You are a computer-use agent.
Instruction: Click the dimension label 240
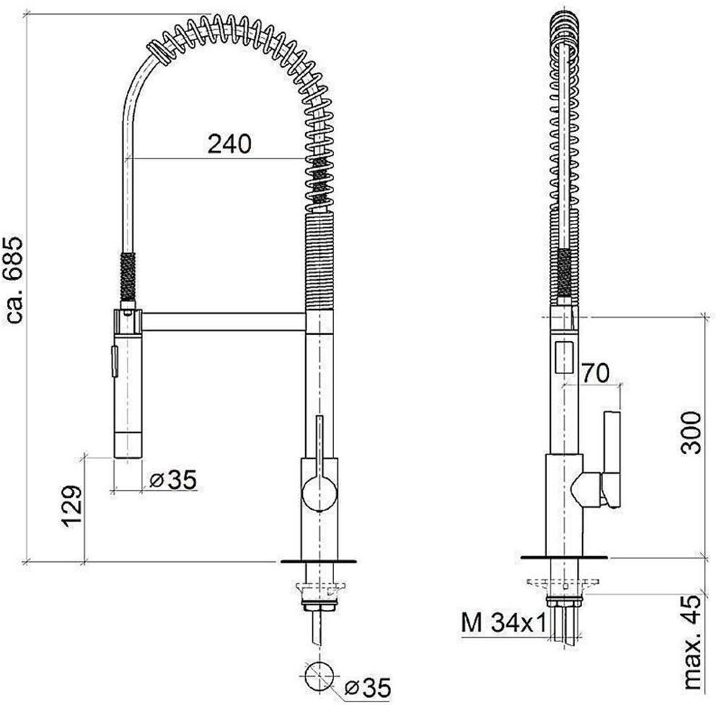tap(229, 144)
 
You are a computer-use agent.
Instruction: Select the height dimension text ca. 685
tap(13, 281)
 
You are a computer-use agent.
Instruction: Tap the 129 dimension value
tap(72, 507)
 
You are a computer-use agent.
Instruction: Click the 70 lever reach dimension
tap(595, 373)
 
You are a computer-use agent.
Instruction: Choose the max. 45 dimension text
tap(693, 642)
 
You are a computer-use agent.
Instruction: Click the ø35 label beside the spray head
tap(173, 479)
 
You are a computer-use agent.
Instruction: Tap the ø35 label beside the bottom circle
tap(368, 687)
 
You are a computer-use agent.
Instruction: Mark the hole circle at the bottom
tap(320, 676)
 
